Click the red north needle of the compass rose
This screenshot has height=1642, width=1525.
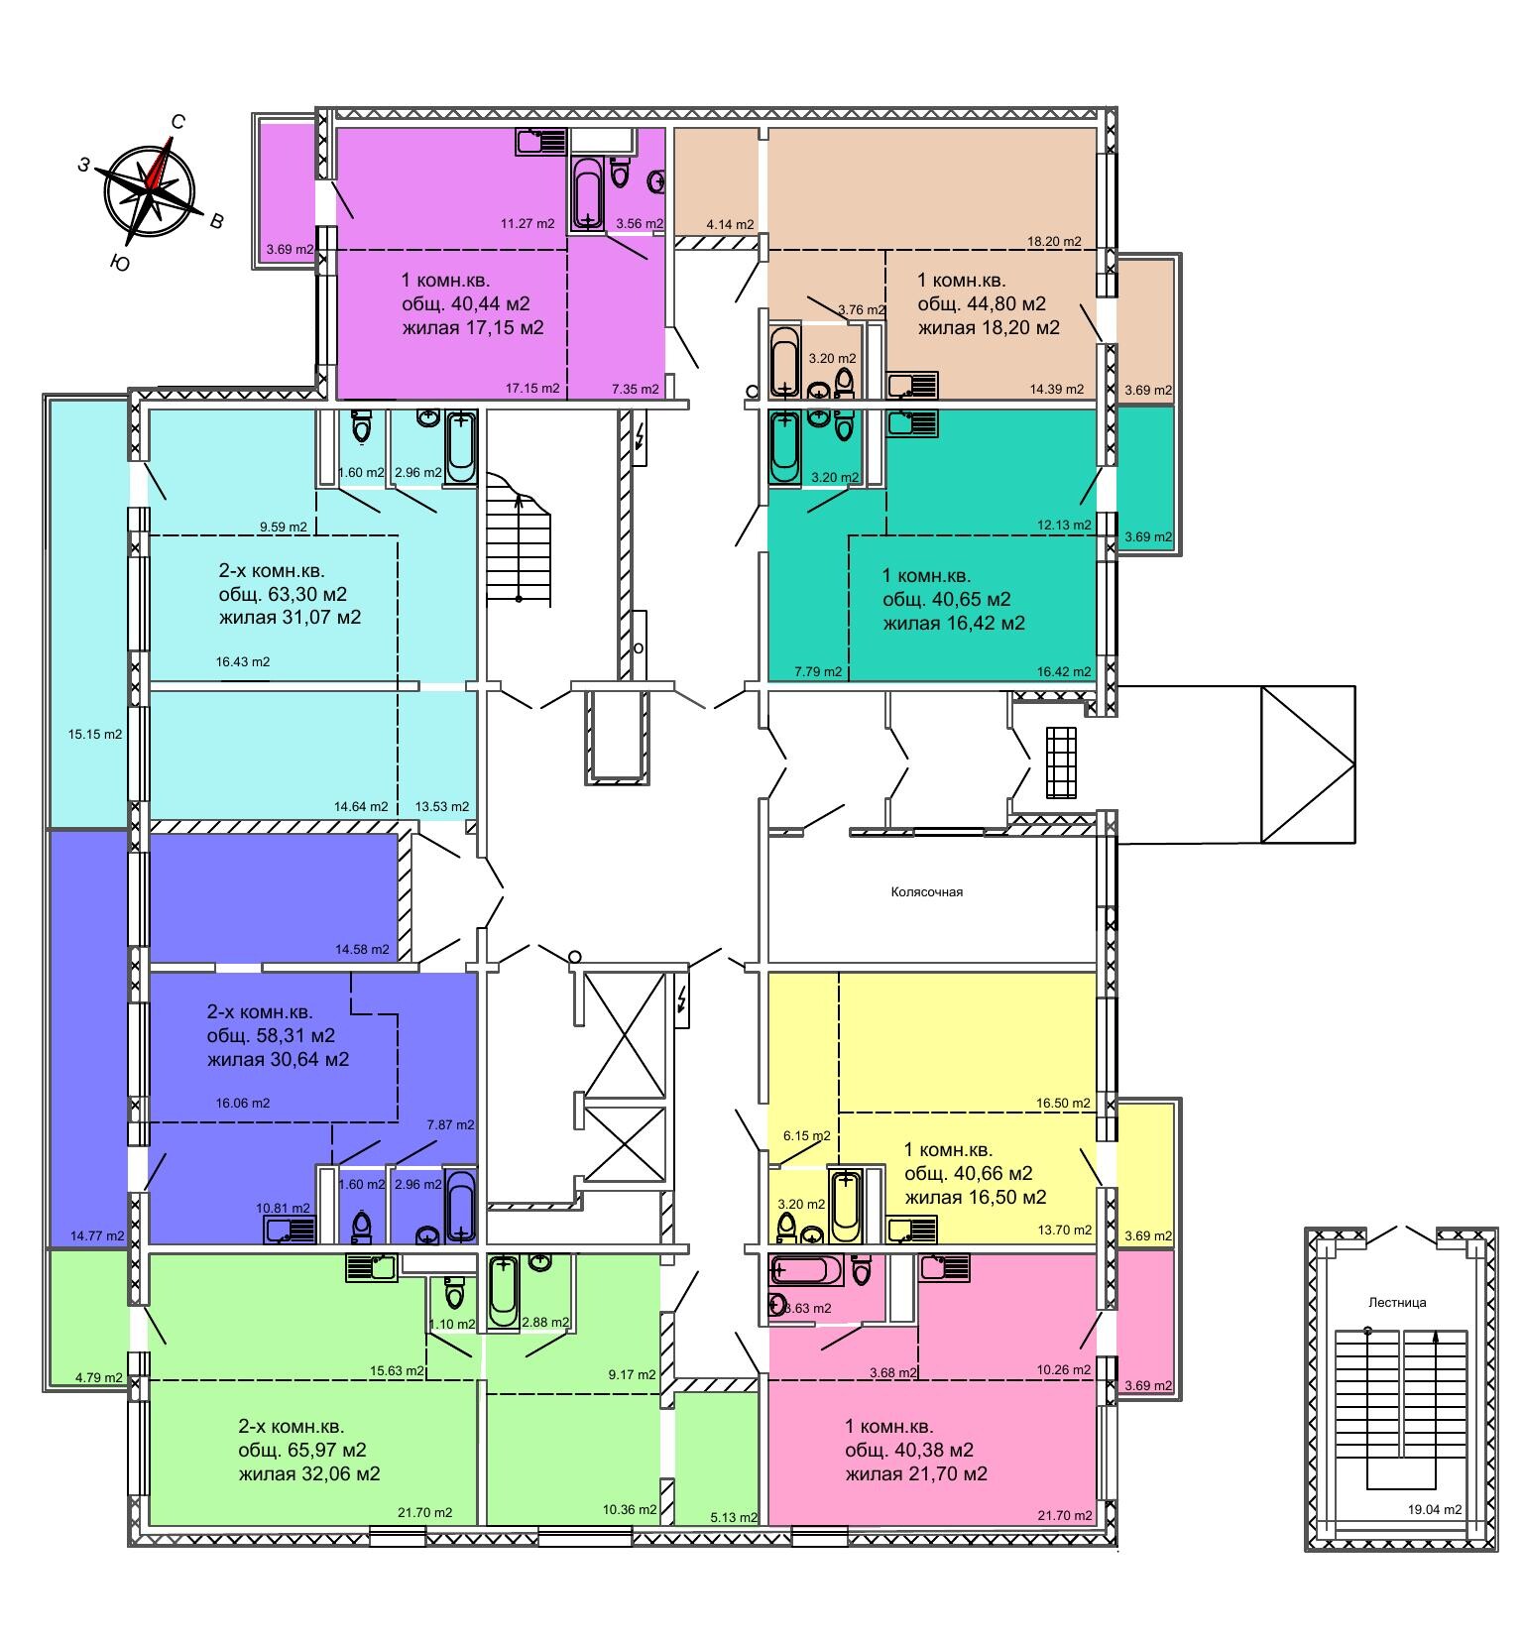(x=159, y=164)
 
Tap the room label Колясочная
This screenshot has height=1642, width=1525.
(x=926, y=891)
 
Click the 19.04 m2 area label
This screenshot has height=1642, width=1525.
(x=1433, y=1510)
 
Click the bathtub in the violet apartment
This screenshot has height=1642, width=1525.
(x=589, y=193)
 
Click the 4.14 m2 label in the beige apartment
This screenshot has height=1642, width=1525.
(x=730, y=225)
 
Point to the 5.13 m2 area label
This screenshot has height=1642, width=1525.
(x=734, y=1517)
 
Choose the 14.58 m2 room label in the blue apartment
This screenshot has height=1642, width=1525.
(x=362, y=949)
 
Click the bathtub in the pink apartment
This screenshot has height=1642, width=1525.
(x=806, y=1270)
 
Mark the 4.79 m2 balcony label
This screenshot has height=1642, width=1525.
(x=98, y=1377)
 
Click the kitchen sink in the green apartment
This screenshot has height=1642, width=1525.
(x=371, y=1267)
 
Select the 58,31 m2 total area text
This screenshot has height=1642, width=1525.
(x=271, y=1036)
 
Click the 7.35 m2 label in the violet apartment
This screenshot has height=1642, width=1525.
(x=636, y=389)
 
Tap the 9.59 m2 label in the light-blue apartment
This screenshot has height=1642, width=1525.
(x=284, y=528)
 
